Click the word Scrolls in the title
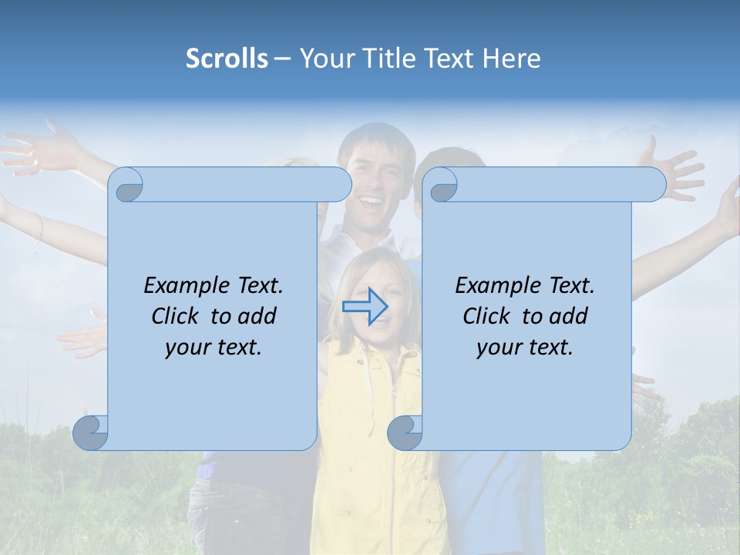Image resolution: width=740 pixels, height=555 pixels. point(227,59)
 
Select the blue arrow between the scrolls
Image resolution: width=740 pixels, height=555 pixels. point(365,305)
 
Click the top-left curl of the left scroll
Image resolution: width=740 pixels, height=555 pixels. point(128,186)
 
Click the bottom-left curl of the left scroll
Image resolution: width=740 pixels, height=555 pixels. point(90,432)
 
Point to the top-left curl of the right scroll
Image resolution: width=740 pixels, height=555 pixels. point(442,186)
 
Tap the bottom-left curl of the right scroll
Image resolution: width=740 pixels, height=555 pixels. point(405,432)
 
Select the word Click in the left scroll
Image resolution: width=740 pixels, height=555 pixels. point(176,316)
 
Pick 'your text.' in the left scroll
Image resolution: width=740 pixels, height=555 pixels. point(214,348)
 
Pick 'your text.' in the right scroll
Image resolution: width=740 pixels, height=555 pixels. point(525,348)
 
